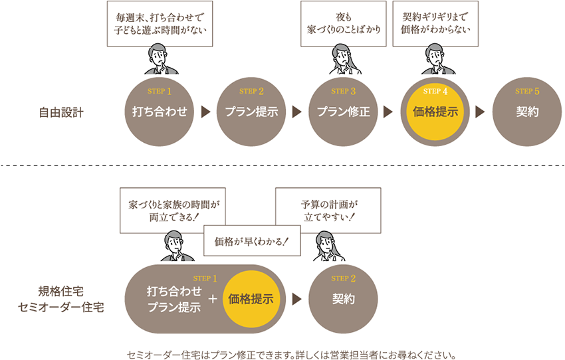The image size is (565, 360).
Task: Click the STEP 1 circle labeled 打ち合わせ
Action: pos(160,112)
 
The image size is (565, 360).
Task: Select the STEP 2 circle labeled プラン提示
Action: pos(251,112)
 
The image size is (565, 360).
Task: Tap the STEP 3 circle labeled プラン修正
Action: pos(343,112)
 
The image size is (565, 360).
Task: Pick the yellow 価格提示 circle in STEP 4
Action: pos(435,112)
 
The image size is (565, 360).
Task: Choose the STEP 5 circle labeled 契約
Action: pos(527,112)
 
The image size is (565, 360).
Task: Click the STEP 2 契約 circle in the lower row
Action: pos(343,299)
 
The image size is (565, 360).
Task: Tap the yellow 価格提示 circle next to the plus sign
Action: pos(251,299)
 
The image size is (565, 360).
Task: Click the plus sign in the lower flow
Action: pos(213,299)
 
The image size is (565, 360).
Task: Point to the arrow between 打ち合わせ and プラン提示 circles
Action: pos(205,112)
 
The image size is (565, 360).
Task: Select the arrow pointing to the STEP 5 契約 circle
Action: pos(481,112)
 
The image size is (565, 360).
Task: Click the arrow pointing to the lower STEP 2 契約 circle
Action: pos(297,299)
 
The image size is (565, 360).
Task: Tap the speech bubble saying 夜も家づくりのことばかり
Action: pos(344,24)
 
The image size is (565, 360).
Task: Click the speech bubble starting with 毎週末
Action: pos(160,24)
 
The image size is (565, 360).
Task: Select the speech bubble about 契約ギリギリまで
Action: pos(436,24)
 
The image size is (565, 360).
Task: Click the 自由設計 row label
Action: pos(61,112)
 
